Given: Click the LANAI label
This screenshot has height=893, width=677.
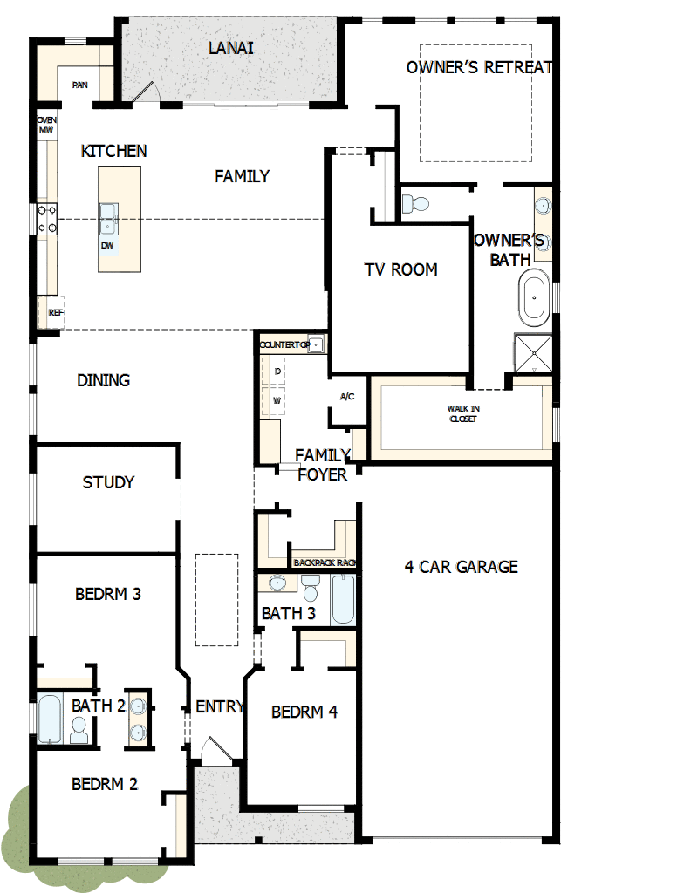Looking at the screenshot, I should coord(231,48).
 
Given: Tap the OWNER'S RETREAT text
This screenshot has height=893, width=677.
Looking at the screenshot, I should coord(479,67).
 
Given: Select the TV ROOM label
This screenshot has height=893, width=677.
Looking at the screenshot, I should coord(400,269).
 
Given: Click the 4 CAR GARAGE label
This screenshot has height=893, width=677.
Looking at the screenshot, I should coord(461,567).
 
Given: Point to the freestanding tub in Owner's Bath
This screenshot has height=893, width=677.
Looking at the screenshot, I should coord(533,297).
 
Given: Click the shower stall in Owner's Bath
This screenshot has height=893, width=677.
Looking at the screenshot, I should coord(533,353).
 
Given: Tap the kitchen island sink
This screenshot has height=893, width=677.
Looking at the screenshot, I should coord(109,215).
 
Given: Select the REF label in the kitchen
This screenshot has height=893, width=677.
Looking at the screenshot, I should coord(56,312).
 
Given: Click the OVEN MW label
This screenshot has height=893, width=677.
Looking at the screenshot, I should coord(45,125).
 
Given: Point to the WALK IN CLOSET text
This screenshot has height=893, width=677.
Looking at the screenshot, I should coord(462,413).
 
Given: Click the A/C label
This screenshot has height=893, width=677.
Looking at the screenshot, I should coord(347,397).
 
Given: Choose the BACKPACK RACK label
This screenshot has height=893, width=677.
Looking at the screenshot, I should coord(325,563).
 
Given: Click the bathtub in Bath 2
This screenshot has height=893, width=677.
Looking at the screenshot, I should coord(49,717).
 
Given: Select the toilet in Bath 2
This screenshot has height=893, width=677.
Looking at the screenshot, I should coord(79,731).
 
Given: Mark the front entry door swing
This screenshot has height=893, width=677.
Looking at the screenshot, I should coord(212,749).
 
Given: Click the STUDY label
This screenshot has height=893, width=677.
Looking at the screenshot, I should coord(108,482).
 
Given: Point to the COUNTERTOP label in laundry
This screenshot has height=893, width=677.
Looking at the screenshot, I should coord(284,345).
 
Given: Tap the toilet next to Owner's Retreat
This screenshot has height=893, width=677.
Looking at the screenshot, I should coord(415,204).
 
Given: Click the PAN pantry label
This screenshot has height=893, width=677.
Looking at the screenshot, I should coord(80,85).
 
